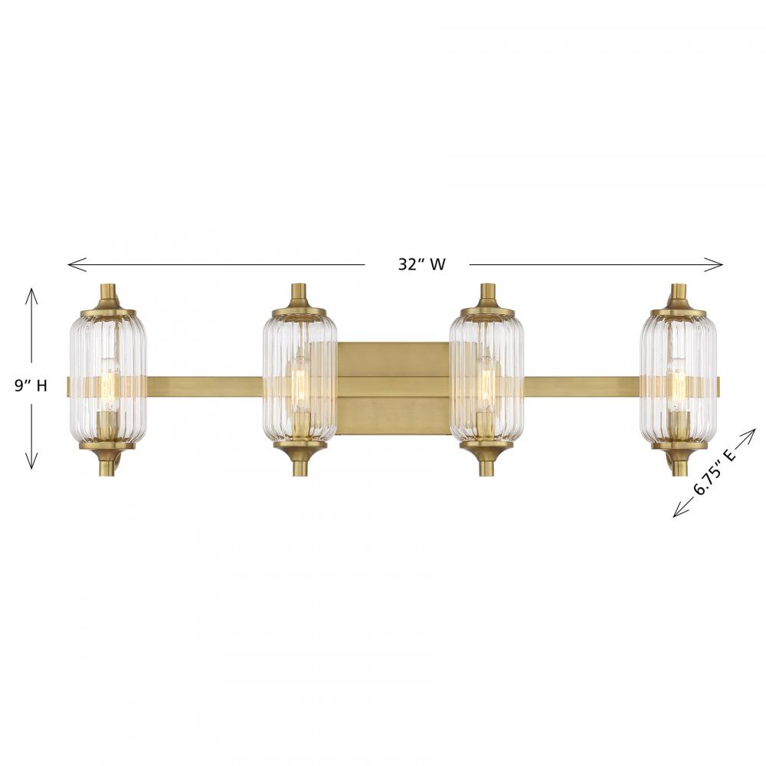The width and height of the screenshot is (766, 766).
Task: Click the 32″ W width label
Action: [421, 264]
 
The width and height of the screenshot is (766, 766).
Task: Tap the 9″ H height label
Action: [31, 386]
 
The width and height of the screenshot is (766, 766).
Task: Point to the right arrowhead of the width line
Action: [713, 264]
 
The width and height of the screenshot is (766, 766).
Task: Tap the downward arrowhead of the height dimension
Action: [31, 460]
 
